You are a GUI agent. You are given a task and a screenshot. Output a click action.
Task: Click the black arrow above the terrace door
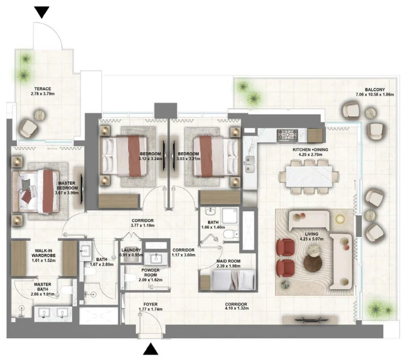pos(42,12)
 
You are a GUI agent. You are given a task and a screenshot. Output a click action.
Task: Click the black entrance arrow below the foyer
pos(151,349)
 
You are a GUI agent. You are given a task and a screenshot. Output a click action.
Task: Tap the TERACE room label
pos(43,88)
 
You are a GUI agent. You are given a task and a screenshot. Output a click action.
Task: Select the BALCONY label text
pos(375,90)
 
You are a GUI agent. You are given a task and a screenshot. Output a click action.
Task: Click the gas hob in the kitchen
pos(287,135)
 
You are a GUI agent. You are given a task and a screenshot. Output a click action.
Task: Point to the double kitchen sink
pos(249,164)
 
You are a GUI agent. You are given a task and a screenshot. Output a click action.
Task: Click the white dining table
pos(309,176)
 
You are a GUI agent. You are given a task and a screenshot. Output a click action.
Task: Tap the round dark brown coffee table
pos(313,263)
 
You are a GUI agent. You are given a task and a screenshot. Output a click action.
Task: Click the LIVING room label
pos(311,234)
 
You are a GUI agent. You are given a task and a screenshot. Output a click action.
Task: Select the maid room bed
pos(234,280)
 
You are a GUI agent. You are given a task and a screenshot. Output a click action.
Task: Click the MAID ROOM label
pos(228,261)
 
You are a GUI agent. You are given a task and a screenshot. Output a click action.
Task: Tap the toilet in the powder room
pos(130,278)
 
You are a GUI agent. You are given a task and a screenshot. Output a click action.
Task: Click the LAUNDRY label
pos(131,250)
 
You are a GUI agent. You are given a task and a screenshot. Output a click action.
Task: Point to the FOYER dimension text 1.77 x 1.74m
pos(150,309)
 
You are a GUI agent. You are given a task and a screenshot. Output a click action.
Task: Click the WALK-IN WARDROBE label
pos(44,253)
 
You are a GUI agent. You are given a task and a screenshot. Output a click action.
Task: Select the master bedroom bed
pos(36,191)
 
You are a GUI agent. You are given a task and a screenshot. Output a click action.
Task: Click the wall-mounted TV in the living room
pos(310,320)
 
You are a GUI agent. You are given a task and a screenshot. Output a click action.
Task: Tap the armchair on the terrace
pos(28,128)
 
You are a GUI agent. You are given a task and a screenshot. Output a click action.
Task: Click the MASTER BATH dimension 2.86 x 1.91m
pos(43,294)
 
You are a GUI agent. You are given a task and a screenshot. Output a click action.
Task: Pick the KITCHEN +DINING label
pos(310,150)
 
